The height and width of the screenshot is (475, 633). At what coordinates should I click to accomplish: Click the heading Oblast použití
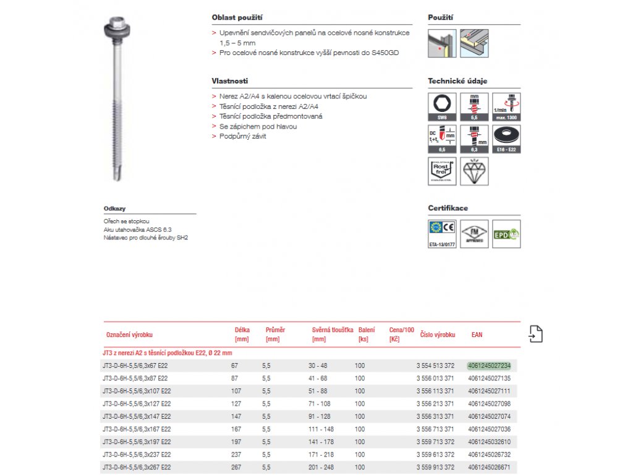click(232, 18)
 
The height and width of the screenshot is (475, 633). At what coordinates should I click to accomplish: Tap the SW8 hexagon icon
click(442, 107)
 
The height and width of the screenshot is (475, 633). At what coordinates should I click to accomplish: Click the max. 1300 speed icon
click(506, 107)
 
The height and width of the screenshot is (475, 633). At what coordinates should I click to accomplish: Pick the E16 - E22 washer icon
click(506, 139)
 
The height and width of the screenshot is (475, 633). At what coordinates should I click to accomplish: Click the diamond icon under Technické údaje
click(474, 171)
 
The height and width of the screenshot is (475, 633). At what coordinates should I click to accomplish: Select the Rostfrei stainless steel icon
click(442, 171)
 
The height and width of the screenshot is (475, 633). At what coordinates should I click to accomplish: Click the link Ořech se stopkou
click(127, 221)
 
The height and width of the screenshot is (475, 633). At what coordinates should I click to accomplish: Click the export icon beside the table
click(536, 334)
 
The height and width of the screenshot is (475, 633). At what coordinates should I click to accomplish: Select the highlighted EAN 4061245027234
click(490, 366)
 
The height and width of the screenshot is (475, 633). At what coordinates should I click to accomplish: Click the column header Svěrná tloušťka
click(333, 330)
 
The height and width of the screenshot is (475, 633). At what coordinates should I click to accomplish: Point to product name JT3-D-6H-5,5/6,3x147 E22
click(136, 416)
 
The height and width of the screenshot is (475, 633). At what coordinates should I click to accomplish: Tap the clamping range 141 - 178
click(321, 442)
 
